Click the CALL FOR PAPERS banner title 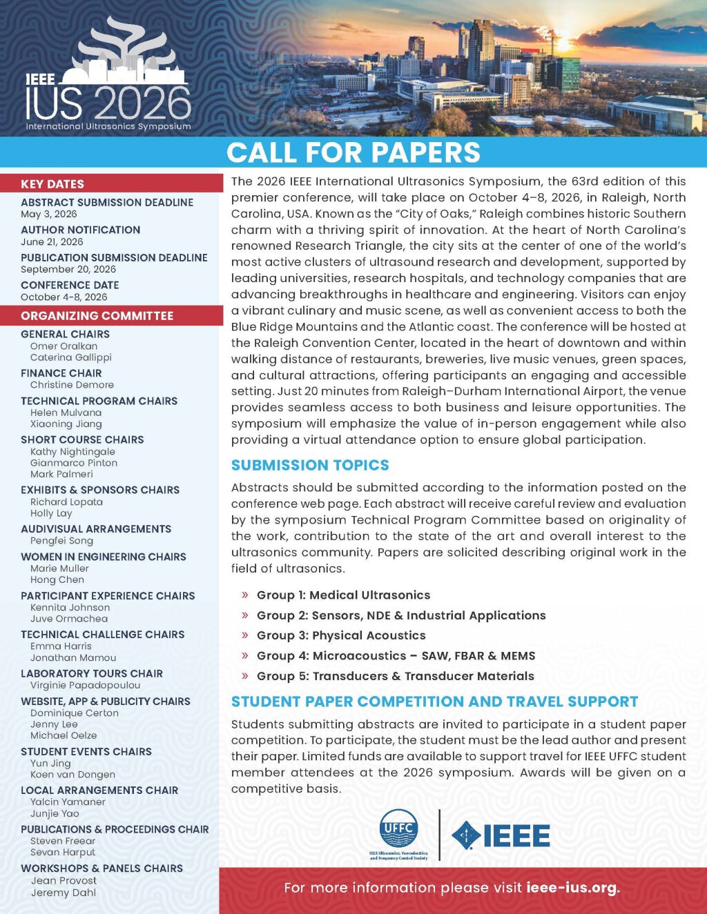click(x=353, y=152)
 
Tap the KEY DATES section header click(x=52, y=184)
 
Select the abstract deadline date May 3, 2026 click(x=49, y=214)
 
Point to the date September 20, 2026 click(x=68, y=269)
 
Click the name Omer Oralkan click(x=64, y=346)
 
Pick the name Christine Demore click(x=72, y=385)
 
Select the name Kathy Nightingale click(x=72, y=452)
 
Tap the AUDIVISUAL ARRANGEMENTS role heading click(x=96, y=529)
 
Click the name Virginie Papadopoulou click(x=85, y=686)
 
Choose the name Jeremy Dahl click(x=64, y=893)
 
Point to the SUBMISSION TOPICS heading click(x=310, y=466)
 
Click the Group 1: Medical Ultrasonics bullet click(x=343, y=595)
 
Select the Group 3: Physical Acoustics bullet click(x=341, y=635)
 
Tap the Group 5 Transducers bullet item click(x=395, y=676)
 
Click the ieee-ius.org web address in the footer click(x=572, y=888)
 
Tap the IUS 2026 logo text click(x=108, y=102)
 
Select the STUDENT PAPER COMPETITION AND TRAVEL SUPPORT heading click(x=434, y=702)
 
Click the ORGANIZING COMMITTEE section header click(x=97, y=316)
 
